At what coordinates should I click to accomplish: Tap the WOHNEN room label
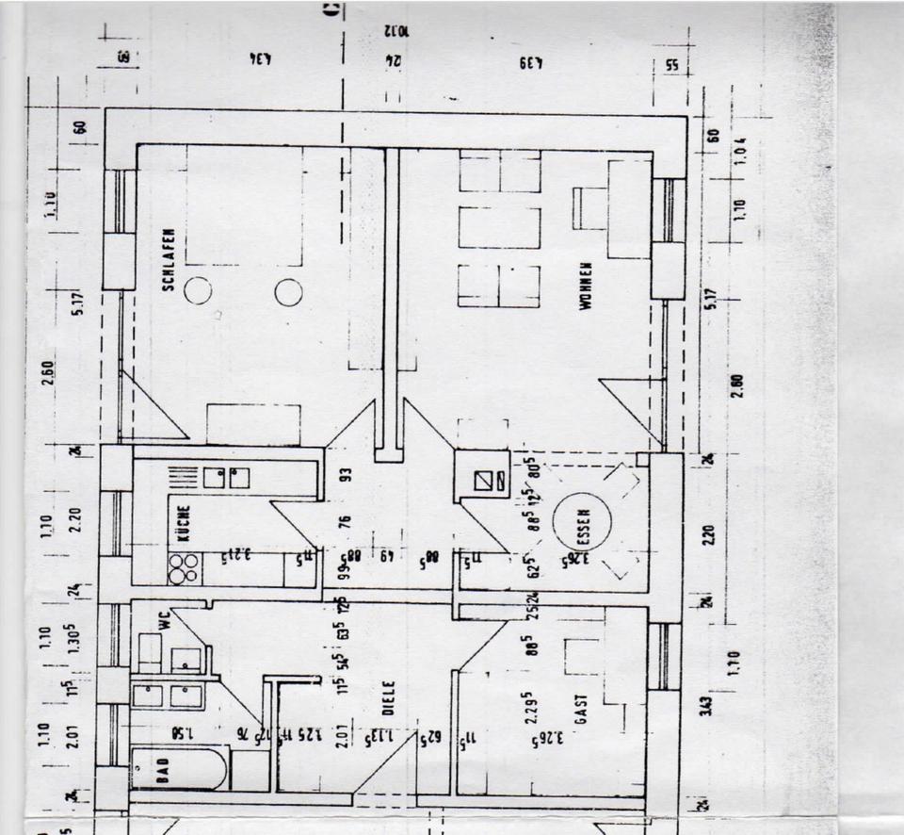(586, 287)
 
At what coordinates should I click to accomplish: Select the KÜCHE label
(183, 524)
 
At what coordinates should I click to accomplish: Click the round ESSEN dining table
(581, 525)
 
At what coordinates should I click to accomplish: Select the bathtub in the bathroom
(179, 768)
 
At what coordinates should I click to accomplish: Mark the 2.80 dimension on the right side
(737, 386)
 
